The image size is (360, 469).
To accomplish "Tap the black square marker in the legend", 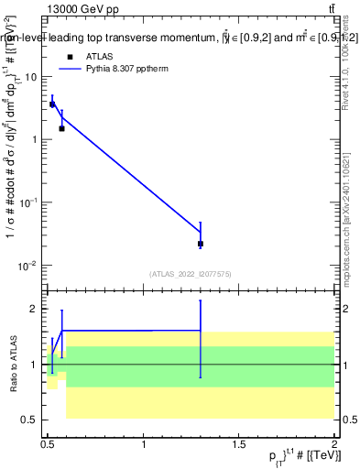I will (x=69, y=56).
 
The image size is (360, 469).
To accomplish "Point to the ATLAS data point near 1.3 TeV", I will (x=200, y=244).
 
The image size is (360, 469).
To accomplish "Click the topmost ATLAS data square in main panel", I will (x=52, y=104).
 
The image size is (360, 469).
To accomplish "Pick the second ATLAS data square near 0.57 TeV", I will (x=61, y=128).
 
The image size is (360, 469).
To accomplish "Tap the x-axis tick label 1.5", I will (x=239, y=445).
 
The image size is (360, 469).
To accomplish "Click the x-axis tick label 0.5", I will (x=49, y=445).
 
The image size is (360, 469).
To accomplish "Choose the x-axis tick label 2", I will (x=334, y=445).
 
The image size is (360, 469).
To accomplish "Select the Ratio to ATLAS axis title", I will (x=12, y=364).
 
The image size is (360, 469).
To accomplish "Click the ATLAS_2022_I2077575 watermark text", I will (x=191, y=273).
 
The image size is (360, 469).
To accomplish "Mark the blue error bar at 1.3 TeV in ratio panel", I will (x=200, y=338).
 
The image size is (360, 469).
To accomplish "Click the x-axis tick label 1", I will (x=144, y=445).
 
